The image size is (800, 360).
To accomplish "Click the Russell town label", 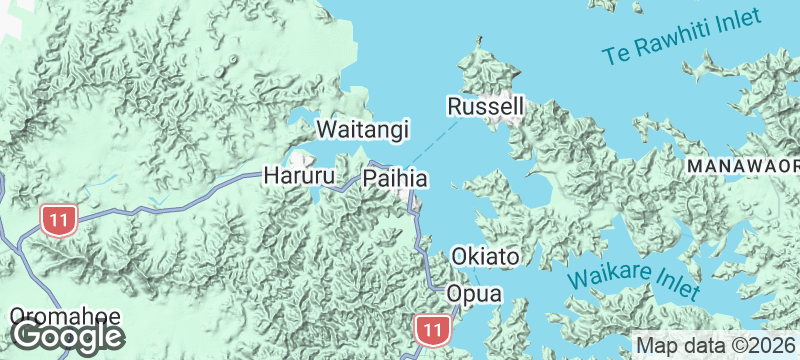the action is coord(485,105).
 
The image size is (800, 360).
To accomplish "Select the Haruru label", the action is coord(295,176).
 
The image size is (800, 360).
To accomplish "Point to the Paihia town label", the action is coord(396,179).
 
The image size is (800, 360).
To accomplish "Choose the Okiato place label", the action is coord(485,257).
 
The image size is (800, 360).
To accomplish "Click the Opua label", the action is coord(473,294).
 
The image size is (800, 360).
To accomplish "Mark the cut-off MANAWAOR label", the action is coord(741,163).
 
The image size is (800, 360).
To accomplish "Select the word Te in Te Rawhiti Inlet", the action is coord(617,56).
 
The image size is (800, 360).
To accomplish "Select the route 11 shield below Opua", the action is coord(432,329).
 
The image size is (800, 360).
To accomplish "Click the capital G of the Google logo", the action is coord(27,336).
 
